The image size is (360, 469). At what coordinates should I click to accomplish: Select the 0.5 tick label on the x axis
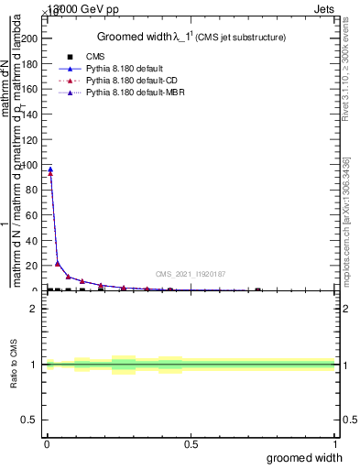point(191,445)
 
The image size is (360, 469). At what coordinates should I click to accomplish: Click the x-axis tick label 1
point(334,445)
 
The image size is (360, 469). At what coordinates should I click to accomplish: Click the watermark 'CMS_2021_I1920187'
point(190,273)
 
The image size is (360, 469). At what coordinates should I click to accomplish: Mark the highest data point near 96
point(50,169)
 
